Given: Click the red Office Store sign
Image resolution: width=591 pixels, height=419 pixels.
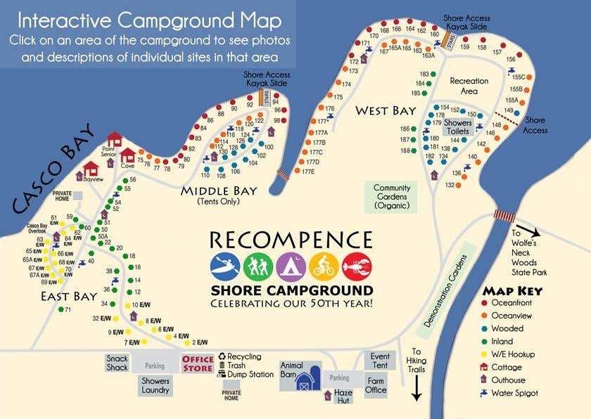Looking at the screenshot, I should coord(198,363).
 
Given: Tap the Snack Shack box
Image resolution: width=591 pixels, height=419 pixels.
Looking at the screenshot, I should coord(117,363).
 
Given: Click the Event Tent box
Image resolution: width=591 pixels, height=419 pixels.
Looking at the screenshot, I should coord(380,361).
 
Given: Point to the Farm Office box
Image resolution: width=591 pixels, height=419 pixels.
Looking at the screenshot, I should coord(376,385).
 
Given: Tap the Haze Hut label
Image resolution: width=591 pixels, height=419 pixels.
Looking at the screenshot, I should coord(343,396).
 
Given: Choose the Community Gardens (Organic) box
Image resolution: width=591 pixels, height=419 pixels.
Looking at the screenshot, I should coord(392,197).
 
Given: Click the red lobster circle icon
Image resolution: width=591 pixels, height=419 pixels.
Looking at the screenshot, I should coord(356,266).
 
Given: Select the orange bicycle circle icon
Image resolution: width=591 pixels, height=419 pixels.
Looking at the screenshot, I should coord(323,266).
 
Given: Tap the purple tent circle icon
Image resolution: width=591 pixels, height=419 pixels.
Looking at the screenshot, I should coord(290,266).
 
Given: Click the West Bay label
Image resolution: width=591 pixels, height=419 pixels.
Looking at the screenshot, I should coord(385,110).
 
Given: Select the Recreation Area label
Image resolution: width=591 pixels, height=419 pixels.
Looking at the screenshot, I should coord(469,86).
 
